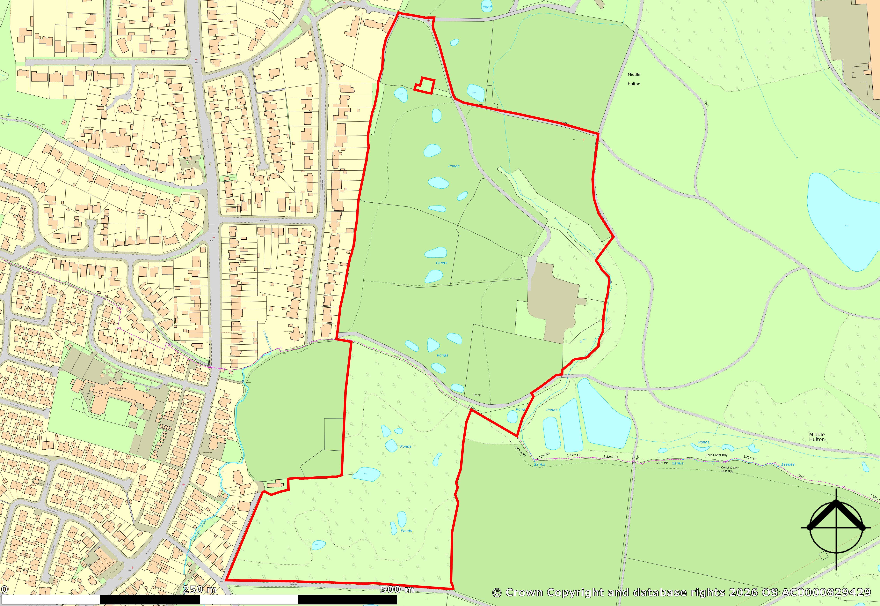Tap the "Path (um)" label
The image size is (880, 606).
click(520, 451)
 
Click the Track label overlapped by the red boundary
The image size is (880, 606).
click(564, 123)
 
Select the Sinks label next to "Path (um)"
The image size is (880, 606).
click(539, 464)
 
